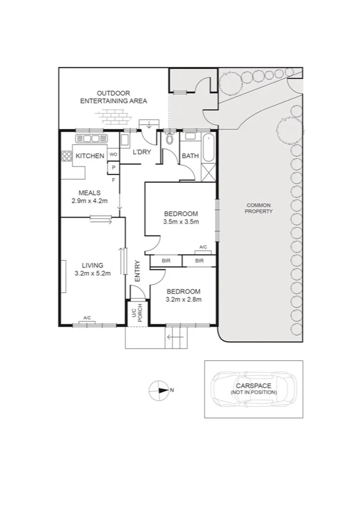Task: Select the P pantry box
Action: pyautogui.click(x=113, y=167)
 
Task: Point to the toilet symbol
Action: pyautogui.click(x=170, y=140)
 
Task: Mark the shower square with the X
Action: pyautogui.click(x=208, y=173)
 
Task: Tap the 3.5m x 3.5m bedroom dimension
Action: pyautogui.click(x=180, y=222)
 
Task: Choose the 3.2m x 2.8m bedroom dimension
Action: pyautogui.click(x=183, y=299)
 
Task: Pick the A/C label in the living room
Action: pyautogui.click(x=87, y=318)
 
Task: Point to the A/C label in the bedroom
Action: pyautogui.click(x=202, y=248)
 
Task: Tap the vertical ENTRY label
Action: pyautogui.click(x=137, y=271)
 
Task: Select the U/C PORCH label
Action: pyautogui.click(x=137, y=315)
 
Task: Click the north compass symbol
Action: pyautogui.click(x=159, y=390)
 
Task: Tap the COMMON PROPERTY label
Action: pyautogui.click(x=259, y=209)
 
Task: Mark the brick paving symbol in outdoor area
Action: pyautogui.click(x=112, y=116)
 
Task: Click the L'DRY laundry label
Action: pyautogui.click(x=141, y=153)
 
